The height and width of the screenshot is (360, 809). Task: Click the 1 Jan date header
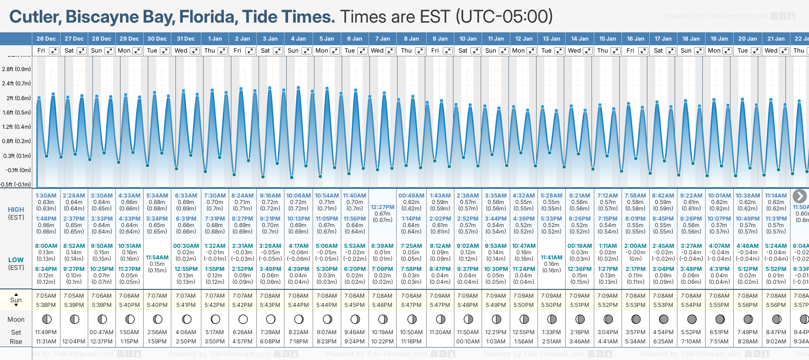tap(215, 39)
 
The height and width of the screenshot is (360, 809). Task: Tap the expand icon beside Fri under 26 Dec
tap(54, 51)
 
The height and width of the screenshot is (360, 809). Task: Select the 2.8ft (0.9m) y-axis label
tap(17, 69)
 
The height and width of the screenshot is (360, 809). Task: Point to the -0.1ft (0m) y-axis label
tap(18, 170)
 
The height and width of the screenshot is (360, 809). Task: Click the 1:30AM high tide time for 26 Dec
tap(46, 196)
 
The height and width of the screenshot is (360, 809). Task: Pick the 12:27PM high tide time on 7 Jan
tap(382, 207)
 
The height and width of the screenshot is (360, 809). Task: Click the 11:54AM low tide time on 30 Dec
tap(157, 258)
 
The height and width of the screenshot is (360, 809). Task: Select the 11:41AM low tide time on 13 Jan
tap(551, 258)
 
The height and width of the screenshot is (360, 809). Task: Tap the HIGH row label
tap(16, 210)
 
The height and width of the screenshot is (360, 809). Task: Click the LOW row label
tap(16, 260)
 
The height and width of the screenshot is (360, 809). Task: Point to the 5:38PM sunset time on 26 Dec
tap(46, 305)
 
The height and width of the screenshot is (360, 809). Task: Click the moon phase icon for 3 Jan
tap(271, 319)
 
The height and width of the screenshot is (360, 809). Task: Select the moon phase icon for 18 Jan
tap(692, 319)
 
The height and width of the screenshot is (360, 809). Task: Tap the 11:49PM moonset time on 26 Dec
tap(46, 332)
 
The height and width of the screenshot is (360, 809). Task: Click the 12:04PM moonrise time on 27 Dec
tap(74, 342)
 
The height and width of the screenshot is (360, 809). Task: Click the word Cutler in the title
tap(34, 17)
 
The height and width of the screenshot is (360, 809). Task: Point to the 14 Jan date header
tap(580, 39)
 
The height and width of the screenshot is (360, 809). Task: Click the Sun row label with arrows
tap(16, 300)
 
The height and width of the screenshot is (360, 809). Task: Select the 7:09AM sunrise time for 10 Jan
tap(468, 296)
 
